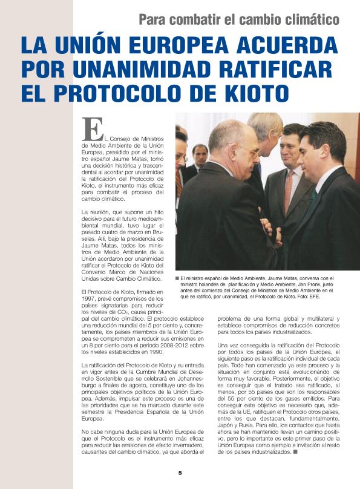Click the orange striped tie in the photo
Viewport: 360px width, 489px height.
[289, 191]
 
